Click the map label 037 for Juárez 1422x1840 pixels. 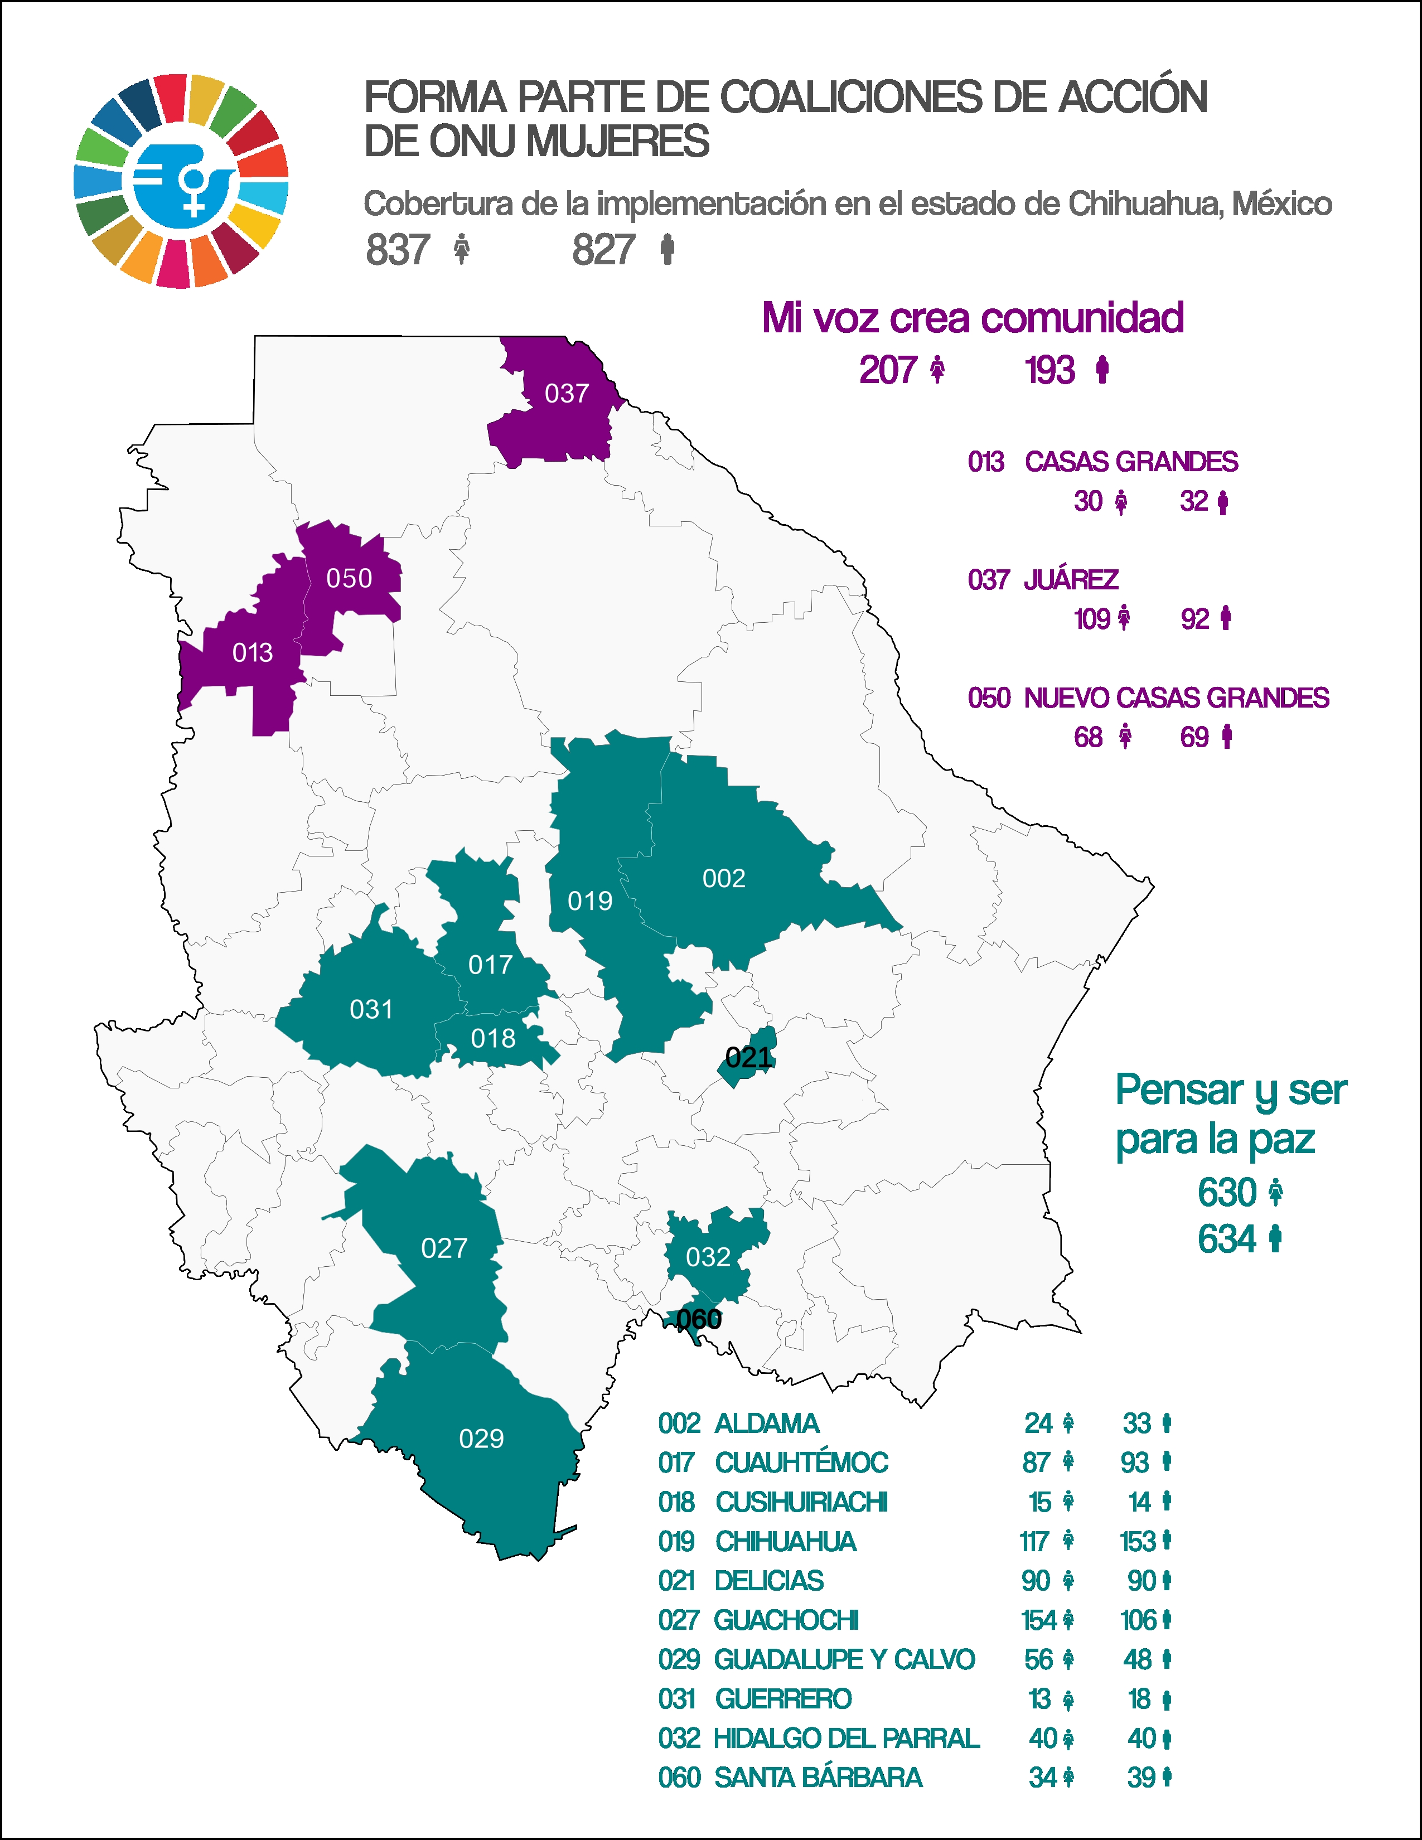(x=566, y=394)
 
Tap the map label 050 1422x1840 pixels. (x=349, y=578)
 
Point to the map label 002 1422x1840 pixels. (x=724, y=879)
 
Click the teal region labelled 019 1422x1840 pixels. (x=589, y=902)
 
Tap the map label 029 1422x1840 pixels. (x=481, y=1438)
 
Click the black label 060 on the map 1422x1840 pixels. (x=699, y=1319)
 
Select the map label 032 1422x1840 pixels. (x=708, y=1257)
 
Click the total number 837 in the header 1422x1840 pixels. (x=398, y=250)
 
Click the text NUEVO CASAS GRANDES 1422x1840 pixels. (x=1176, y=699)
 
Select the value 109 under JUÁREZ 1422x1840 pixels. (x=1092, y=619)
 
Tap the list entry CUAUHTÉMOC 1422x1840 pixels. (x=801, y=1463)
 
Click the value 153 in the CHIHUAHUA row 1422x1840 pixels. (x=1136, y=1542)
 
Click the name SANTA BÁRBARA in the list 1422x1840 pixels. (x=818, y=1778)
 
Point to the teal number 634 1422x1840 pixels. (x=1227, y=1239)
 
